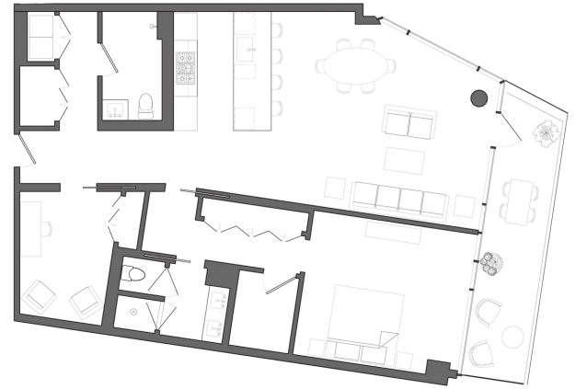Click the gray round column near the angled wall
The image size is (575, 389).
(x=479, y=98)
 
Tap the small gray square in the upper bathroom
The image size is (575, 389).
(x=153, y=27)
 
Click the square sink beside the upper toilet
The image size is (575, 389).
(x=113, y=105)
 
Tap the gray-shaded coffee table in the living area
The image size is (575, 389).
(x=408, y=124)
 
